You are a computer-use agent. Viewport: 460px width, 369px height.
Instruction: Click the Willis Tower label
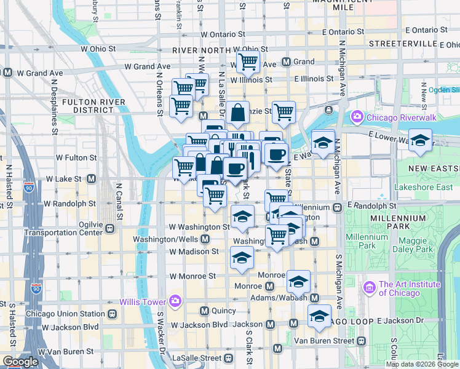pos(143,302)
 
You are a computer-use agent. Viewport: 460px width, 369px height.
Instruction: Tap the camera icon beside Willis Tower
pos(175,301)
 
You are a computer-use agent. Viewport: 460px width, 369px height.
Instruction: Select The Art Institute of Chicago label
pos(410,288)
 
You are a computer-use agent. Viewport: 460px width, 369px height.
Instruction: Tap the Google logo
pos(20,362)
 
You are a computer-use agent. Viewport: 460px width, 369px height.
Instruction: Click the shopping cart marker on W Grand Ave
pos(247,61)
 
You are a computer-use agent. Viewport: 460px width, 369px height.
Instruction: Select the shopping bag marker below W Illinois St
pos(237,114)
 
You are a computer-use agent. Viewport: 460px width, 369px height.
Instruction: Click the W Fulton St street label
pos(76,157)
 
